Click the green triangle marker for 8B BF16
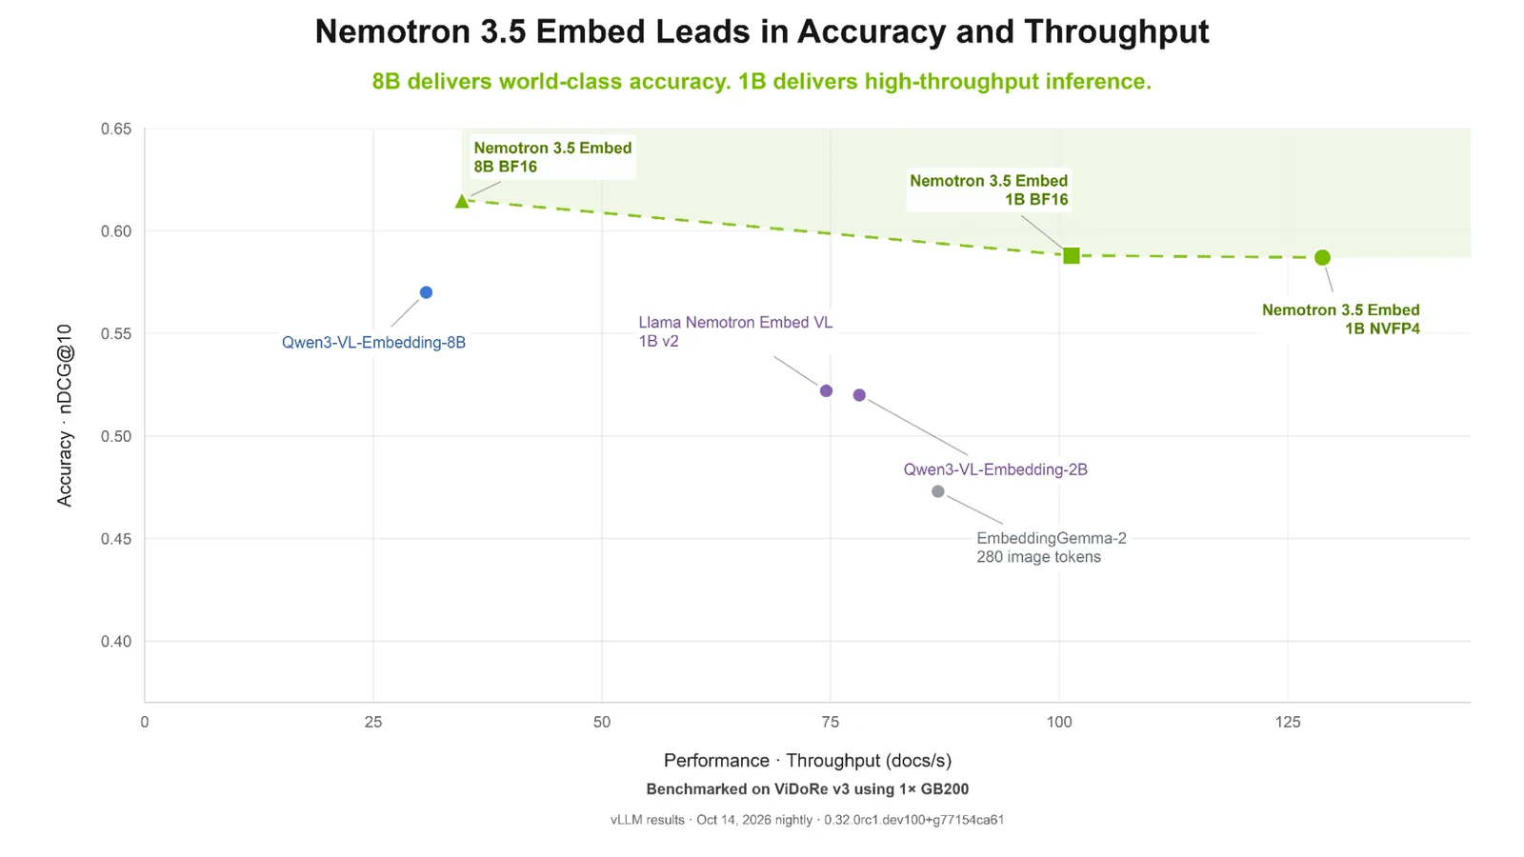coord(462,201)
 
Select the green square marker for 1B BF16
coord(1072,256)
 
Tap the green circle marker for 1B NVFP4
coord(1322,258)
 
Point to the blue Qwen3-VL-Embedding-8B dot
coord(426,292)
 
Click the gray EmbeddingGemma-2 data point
coord(938,491)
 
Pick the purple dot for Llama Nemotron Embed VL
coord(826,391)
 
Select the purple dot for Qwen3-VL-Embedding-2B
coord(859,395)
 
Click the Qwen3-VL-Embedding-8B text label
coord(373,343)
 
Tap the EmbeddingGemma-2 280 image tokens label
coord(1052,548)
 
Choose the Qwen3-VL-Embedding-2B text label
coord(995,469)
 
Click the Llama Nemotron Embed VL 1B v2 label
coord(735,331)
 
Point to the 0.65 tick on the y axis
coord(115,130)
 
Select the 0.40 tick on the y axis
coord(115,642)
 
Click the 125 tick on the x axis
coord(1287,723)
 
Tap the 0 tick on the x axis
coord(144,723)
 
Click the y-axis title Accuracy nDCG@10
coord(64,415)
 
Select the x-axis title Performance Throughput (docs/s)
coord(808,761)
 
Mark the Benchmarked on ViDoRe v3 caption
coord(808,789)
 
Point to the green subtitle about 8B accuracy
coord(762,82)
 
